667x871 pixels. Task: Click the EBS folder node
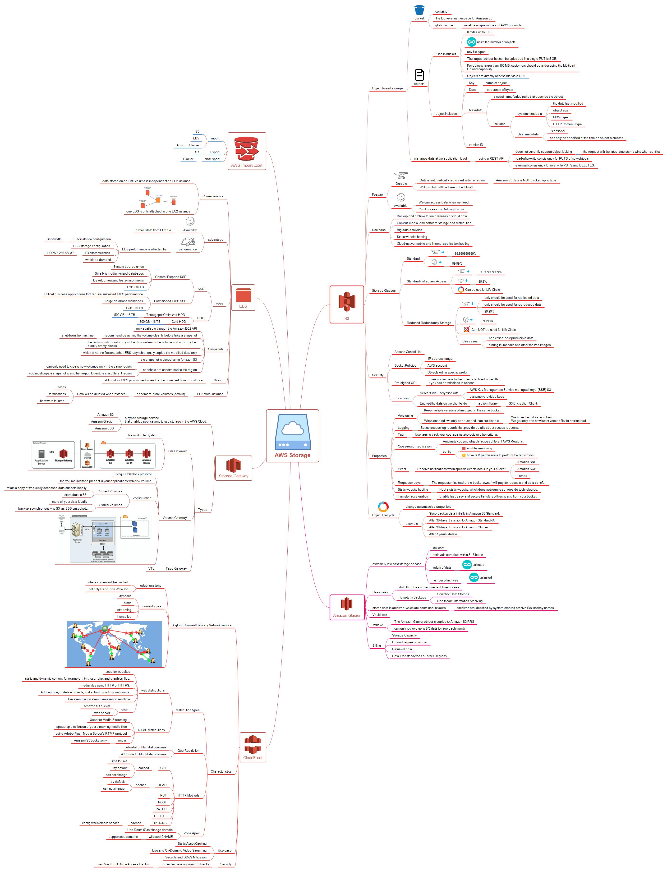click(243, 297)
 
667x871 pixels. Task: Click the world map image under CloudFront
click(114, 644)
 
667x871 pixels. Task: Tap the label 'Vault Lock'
click(380, 615)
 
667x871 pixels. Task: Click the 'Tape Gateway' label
click(176, 568)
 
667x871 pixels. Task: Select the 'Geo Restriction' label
click(188, 751)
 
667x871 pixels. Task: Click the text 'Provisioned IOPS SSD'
click(170, 301)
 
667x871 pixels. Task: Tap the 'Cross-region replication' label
click(414, 447)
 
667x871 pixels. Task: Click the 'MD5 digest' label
click(561, 117)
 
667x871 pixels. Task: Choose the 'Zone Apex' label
click(192, 833)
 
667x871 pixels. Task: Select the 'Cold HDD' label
click(179, 322)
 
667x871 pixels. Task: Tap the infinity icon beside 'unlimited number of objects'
click(471, 42)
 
